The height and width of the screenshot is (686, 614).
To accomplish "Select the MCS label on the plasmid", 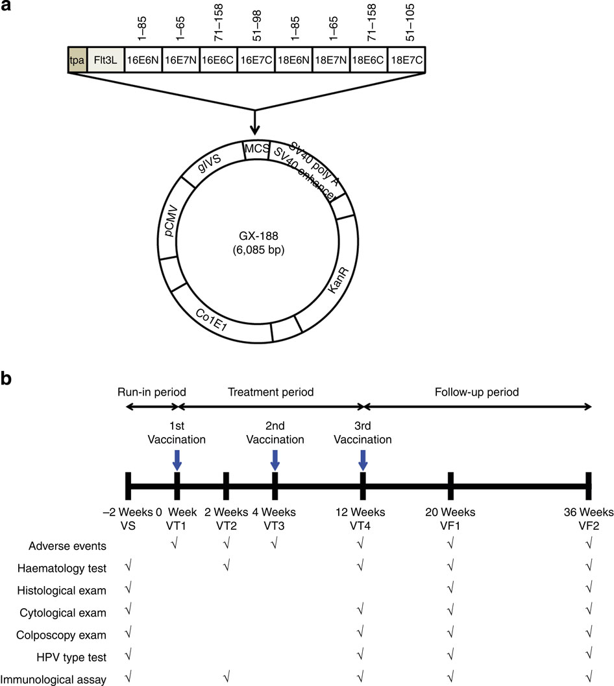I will tap(256, 148).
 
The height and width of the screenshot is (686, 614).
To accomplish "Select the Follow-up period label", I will tap(477, 392).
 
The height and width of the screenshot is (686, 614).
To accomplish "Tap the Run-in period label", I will tap(152, 392).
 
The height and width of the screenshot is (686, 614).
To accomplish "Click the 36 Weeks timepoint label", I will tap(588, 513).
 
